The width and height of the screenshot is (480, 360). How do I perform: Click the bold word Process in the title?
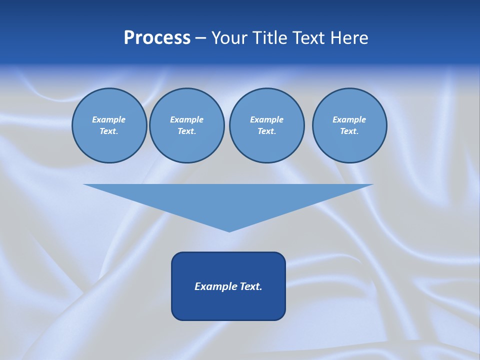coord(157,38)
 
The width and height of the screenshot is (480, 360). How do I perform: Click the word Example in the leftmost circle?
coord(109,119)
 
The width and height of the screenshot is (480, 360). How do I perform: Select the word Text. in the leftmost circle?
coord(109,131)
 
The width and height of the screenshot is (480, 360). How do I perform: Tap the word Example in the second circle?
coord(186,119)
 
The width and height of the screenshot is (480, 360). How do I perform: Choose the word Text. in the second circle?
coord(186,131)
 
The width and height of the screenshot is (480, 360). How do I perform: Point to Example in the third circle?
coord(266,119)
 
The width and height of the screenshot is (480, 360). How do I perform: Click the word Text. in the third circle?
coord(266,131)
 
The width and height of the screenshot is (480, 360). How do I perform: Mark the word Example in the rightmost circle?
coord(349,119)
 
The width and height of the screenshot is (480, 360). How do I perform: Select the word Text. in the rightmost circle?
coord(349,131)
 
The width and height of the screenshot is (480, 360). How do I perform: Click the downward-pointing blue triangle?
coord(228,200)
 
